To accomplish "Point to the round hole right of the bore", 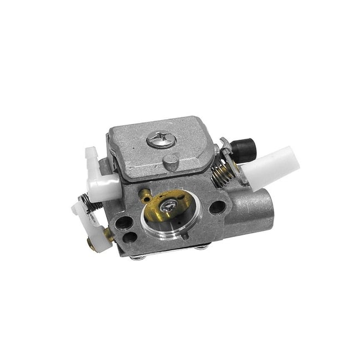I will coord(218,208).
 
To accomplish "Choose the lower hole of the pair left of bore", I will coord(131,238).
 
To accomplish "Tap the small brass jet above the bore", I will coord(145,194).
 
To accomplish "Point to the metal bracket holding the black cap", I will coord(227,148).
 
